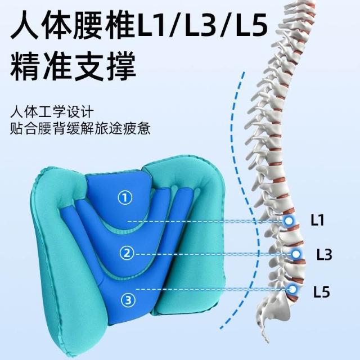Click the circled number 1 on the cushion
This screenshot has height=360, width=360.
coord(125,198)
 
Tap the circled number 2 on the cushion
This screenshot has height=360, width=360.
coord(127,254)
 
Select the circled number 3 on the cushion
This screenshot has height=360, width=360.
coord(128,300)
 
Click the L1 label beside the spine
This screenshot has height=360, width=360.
coord(317,220)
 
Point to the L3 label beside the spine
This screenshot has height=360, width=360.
coord(324,254)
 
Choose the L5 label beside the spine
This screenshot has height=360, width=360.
coord(322,292)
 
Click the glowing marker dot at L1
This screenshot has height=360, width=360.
coord(289,221)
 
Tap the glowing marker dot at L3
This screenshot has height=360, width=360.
coord(296,254)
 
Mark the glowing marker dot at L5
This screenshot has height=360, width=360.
coord(292,289)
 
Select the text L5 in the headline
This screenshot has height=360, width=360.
coord(252,25)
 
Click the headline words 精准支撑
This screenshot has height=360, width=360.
coord(73,66)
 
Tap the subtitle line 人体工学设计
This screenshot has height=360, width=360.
coord(52,112)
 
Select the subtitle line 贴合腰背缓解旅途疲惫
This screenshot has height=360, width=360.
coord(80,128)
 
